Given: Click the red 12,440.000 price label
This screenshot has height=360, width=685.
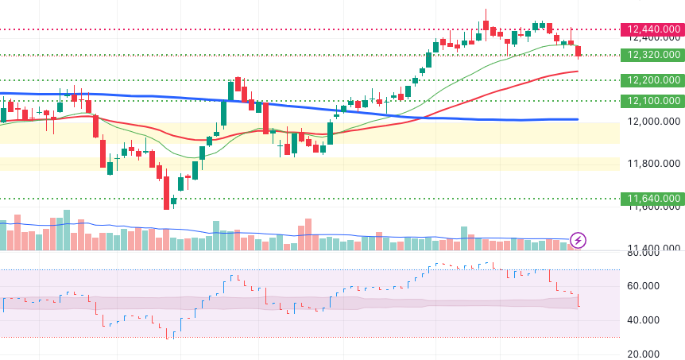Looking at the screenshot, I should tap(653, 29).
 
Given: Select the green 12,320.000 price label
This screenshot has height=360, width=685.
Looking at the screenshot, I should tap(653, 55).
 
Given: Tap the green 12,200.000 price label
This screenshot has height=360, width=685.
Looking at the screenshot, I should tap(653, 80).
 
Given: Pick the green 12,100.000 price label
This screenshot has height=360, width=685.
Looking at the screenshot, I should tap(653, 101).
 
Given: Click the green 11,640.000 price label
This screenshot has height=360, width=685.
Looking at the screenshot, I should tap(653, 198).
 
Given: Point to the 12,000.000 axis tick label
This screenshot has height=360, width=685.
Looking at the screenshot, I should tap(654, 122).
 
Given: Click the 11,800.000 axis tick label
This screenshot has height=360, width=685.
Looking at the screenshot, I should tap(654, 164).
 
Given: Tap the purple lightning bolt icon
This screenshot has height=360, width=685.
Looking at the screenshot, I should tap(579, 239).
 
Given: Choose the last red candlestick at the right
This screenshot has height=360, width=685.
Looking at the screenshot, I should tap(579, 52).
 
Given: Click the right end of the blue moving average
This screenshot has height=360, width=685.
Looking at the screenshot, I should tap(577, 119).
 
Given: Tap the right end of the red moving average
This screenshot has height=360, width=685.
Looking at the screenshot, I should tap(577, 72).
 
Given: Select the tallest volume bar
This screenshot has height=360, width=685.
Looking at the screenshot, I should tap(66, 230).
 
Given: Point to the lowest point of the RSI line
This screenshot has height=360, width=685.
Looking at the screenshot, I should tap(168, 337).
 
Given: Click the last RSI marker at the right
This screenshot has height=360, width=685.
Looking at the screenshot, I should tap(579, 305).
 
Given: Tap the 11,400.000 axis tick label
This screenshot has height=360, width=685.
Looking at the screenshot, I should tap(654, 248).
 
